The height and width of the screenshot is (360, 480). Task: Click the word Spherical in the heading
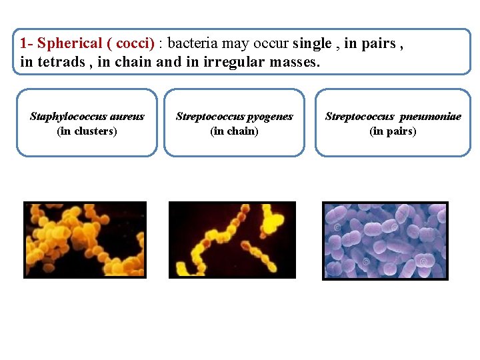click(69, 44)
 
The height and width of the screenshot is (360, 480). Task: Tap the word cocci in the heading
click(133, 44)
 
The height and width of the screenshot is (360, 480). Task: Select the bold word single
click(312, 44)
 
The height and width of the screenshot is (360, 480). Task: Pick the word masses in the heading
click(294, 63)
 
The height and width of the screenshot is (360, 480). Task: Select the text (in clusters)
click(87, 131)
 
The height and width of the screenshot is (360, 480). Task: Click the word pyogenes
click(271, 117)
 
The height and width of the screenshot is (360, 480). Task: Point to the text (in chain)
click(234, 131)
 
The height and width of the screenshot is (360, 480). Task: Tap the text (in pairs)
click(393, 131)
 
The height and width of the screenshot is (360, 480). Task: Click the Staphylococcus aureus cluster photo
click(85, 239)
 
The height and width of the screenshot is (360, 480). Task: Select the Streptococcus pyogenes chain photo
click(232, 239)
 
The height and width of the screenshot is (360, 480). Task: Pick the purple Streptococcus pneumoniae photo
click(385, 241)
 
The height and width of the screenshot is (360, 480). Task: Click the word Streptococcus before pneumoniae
click(359, 117)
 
